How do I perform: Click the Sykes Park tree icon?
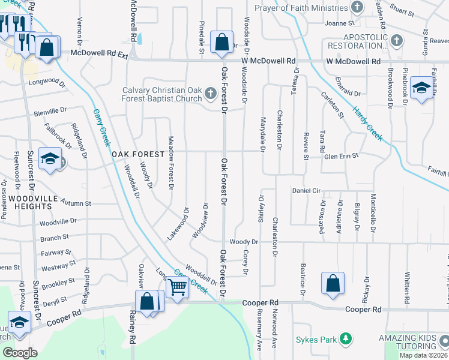345,340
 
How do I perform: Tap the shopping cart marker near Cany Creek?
178,287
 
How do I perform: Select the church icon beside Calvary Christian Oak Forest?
210,93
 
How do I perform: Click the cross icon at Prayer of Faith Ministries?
357,8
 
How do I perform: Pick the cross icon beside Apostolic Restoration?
396,41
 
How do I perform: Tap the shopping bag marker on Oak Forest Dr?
221,42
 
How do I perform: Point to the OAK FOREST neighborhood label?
138,154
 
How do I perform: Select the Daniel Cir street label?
307,190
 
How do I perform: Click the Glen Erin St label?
341,156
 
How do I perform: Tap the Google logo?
19,353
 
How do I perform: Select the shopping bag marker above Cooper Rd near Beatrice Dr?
333,284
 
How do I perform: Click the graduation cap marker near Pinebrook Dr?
422,89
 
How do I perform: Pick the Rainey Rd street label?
131,328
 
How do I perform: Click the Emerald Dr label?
348,94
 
